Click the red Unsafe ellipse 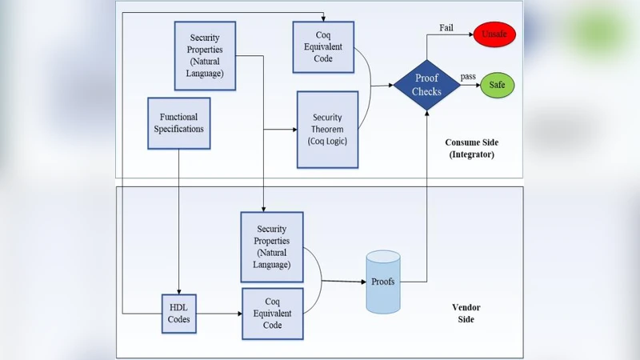pos(495,34)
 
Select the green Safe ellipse pos(497,85)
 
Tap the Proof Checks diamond pos(426,85)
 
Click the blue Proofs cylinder pos(382,282)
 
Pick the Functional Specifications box pos(179,122)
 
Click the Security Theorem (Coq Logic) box pos(326,129)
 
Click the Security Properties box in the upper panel pos(206,50)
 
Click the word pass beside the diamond pos(468,76)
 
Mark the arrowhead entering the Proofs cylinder pos(362,282)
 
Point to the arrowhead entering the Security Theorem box pos(293,129)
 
